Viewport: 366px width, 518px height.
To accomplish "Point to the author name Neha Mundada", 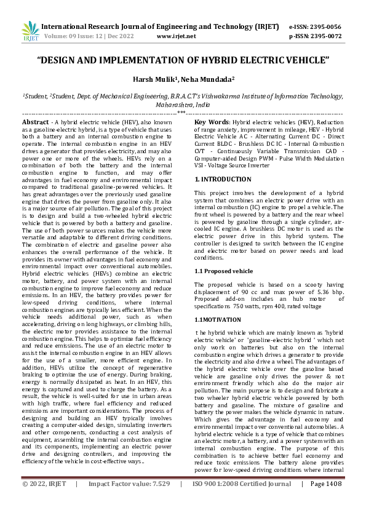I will [200, 80].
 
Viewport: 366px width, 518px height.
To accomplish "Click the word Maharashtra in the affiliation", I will [172, 105].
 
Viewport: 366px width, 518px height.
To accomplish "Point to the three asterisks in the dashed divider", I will [183, 113].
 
